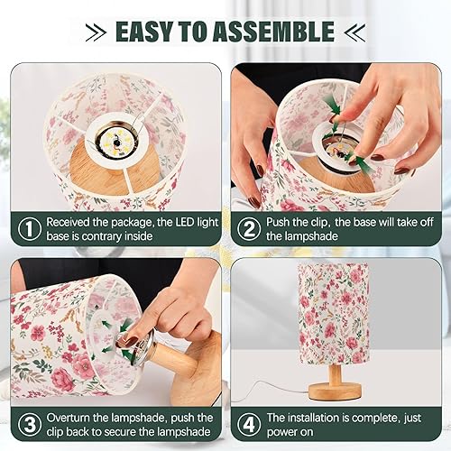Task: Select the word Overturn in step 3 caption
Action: point(74,418)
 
